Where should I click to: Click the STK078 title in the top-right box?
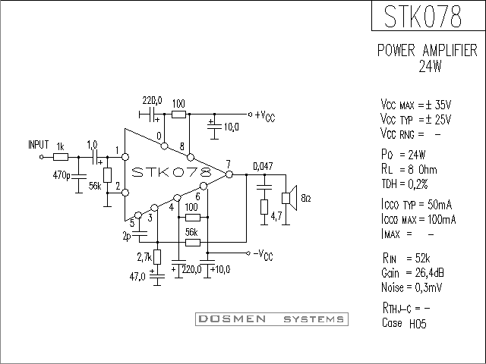point(423,16)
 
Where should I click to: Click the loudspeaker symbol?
point(289,198)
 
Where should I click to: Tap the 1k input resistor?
point(61,157)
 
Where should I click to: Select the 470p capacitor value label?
point(62,175)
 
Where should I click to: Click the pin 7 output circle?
point(229,174)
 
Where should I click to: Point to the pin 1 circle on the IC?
point(125,157)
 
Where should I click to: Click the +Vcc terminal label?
point(265,116)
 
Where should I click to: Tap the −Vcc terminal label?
point(264,255)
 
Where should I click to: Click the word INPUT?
point(39,145)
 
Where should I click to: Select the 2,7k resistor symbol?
point(157,257)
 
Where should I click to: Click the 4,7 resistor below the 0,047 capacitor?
point(264,207)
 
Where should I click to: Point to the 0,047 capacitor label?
point(263,167)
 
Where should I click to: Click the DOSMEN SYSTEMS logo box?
point(272,319)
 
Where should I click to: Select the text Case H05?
point(404,323)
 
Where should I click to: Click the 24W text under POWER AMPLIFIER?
point(430,66)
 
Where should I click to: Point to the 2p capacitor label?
point(127,237)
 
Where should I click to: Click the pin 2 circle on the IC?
point(125,193)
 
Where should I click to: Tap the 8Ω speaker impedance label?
point(306,198)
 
